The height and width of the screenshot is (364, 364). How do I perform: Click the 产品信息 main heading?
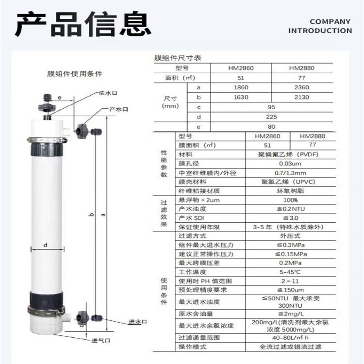[x=83, y=24]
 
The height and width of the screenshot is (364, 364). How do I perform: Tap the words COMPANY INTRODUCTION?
[x=320, y=26]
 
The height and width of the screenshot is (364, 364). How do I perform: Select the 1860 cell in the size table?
[x=241, y=87]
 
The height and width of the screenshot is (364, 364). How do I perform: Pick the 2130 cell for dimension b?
[x=301, y=97]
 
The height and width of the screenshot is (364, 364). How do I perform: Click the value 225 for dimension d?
[x=271, y=117]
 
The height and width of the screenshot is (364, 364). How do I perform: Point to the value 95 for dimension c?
[x=271, y=107]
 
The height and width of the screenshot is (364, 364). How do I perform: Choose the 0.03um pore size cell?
[x=290, y=164]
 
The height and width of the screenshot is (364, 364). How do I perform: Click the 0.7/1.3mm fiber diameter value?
[x=290, y=173]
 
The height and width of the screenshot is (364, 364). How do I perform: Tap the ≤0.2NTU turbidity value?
[x=291, y=209]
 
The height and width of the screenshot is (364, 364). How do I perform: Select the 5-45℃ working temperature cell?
[x=290, y=272]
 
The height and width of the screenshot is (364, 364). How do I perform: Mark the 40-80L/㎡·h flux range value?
[x=290, y=338]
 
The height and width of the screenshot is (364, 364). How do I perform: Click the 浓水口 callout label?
[x=108, y=93]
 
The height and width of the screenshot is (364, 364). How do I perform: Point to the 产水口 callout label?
[x=118, y=109]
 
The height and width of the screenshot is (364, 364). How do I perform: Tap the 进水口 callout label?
[x=138, y=322]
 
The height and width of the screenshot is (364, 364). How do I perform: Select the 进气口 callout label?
[x=101, y=341]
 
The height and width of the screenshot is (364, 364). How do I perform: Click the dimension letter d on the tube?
[x=46, y=245]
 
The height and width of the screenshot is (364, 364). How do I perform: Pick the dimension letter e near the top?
[x=60, y=98]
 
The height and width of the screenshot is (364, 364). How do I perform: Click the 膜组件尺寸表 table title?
[x=178, y=58]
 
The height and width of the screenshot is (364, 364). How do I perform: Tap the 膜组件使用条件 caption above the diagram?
[x=75, y=74]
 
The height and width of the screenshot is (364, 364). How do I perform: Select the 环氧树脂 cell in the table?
[x=290, y=191]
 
